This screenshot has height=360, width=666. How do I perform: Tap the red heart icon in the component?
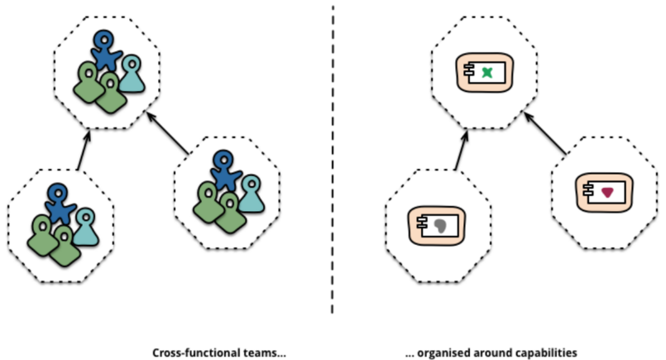click(607, 192)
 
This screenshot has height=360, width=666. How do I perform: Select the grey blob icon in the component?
click(440, 223)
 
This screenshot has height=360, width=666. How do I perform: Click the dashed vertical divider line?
click(333, 166)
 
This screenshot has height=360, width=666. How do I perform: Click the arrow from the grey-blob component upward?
click(461, 149)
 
